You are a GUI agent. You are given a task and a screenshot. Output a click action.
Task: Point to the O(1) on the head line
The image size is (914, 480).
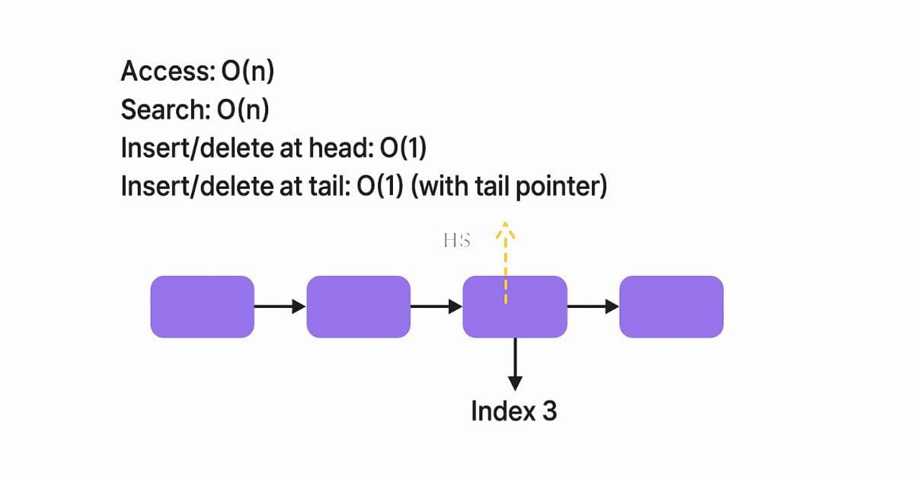pos(399,148)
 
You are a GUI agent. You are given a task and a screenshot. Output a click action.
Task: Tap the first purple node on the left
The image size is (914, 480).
pos(202,306)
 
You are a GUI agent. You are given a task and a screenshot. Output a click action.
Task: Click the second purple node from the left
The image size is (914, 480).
pos(358,306)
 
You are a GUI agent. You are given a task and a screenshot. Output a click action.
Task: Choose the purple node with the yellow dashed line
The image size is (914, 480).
pos(515,306)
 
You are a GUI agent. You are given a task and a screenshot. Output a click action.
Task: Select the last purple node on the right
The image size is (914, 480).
pos(671,306)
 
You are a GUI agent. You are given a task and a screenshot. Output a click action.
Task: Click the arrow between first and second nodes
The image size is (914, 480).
pos(280,306)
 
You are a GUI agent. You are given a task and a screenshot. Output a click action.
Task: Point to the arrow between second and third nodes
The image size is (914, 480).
pos(436,306)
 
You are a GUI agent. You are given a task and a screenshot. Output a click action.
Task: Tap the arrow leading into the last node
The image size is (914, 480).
pos(593,306)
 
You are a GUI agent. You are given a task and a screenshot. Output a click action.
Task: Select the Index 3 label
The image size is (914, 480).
pos(514,411)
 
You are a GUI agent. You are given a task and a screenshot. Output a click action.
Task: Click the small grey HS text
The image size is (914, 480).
pos(456,242)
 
